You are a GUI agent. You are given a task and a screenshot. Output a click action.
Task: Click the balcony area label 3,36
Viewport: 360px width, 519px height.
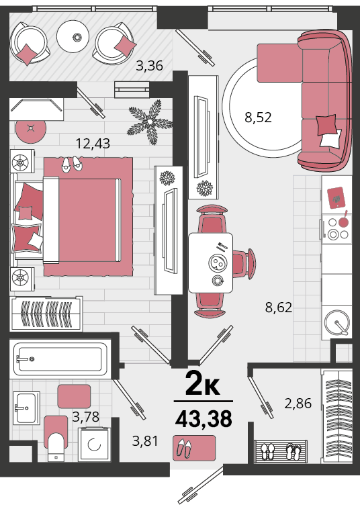click(x=149, y=66)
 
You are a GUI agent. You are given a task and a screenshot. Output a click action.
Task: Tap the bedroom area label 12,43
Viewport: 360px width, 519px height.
click(x=93, y=144)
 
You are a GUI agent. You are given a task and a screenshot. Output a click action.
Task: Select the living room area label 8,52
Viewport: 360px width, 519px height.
click(x=258, y=117)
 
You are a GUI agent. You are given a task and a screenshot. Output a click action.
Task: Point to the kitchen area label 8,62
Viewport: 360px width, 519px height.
click(x=279, y=308)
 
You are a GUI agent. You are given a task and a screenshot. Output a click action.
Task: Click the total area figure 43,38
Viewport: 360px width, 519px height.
click(x=204, y=419)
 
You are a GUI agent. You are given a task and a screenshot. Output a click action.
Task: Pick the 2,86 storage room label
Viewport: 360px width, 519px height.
click(x=298, y=404)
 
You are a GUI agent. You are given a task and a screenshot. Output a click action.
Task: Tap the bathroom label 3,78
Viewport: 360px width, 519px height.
click(x=86, y=417)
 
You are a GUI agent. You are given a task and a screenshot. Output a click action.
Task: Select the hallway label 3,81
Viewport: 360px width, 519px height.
click(x=145, y=441)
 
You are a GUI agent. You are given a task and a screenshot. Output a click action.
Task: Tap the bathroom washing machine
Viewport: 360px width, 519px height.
click(x=95, y=444)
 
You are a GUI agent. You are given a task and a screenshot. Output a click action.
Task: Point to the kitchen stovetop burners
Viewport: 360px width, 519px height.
click(x=338, y=228)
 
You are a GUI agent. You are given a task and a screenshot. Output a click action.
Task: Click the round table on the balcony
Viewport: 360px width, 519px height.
click(x=73, y=36)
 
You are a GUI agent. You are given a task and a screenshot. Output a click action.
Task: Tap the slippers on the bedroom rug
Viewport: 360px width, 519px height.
click(x=72, y=164)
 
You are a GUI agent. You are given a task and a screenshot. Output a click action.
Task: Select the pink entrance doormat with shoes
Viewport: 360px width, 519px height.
click(x=194, y=448)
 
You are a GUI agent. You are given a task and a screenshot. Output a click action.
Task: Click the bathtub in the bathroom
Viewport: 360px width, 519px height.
click(x=60, y=359)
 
